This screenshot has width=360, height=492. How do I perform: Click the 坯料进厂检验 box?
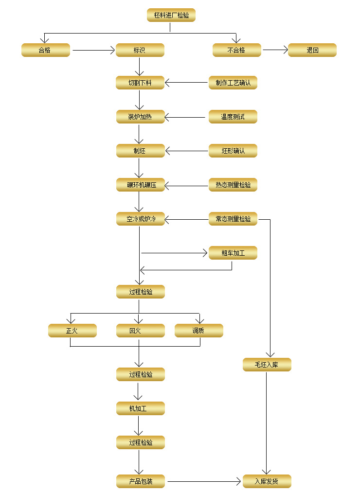(171, 16)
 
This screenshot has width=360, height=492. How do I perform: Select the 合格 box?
(45, 50)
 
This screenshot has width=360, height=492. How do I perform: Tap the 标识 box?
(140, 50)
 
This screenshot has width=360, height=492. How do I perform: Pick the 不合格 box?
(236, 50)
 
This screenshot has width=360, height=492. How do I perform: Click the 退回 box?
(312, 50)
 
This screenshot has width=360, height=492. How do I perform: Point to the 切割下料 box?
(140, 83)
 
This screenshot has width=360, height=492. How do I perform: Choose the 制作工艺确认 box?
(233, 83)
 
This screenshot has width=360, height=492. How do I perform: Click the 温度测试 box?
(233, 117)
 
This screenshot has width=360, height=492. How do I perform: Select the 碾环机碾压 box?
(141, 185)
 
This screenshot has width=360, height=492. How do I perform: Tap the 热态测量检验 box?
(233, 185)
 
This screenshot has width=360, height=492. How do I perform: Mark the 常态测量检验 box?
(233, 219)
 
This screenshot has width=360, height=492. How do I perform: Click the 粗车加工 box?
(233, 253)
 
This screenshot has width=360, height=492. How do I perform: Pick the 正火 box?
(72, 331)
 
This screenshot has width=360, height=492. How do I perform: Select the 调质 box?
(198, 331)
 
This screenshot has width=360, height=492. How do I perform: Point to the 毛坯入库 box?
(267, 365)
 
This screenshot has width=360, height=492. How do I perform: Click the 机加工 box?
(140, 408)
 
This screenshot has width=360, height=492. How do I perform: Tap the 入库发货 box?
(267, 481)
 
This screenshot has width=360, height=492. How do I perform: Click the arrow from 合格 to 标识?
(92, 50)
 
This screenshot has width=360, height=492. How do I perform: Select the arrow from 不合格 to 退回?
(274, 50)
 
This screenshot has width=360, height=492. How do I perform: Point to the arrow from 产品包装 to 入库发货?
(204, 481)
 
